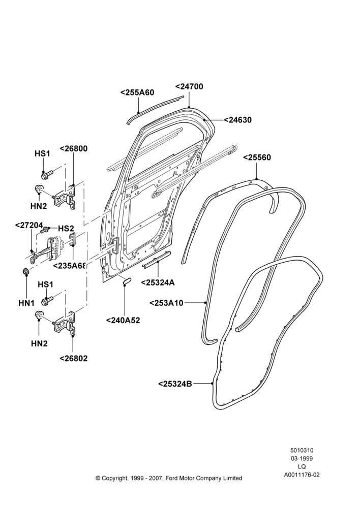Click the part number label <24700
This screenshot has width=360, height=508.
pyautogui.click(x=189, y=87)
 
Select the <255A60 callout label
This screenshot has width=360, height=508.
pyautogui.click(x=137, y=92)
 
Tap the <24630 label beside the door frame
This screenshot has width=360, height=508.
pyautogui.click(x=237, y=120)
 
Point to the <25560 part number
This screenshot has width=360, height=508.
pyautogui.click(x=257, y=157)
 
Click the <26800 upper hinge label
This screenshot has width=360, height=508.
pyautogui.click(x=74, y=149)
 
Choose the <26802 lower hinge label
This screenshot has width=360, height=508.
pyautogui.click(x=74, y=358)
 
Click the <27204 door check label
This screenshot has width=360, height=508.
pyautogui.click(x=29, y=225)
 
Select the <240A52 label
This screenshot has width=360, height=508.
pyautogui.click(x=123, y=321)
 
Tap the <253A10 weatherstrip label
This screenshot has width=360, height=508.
pyautogui.click(x=166, y=303)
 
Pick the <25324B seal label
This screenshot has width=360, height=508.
pyautogui.click(x=175, y=384)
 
